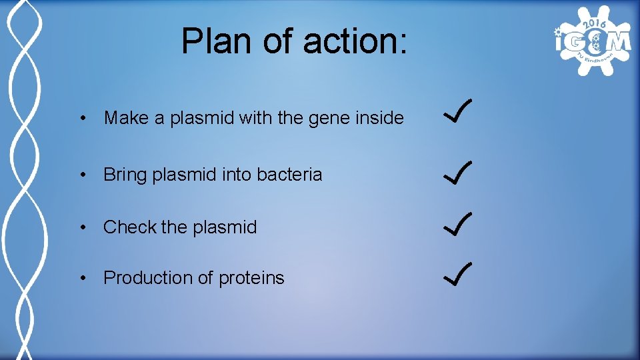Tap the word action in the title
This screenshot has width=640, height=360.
click(x=353, y=41)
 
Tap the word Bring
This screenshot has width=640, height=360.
click(x=125, y=175)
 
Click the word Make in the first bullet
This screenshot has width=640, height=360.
click(x=127, y=118)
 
